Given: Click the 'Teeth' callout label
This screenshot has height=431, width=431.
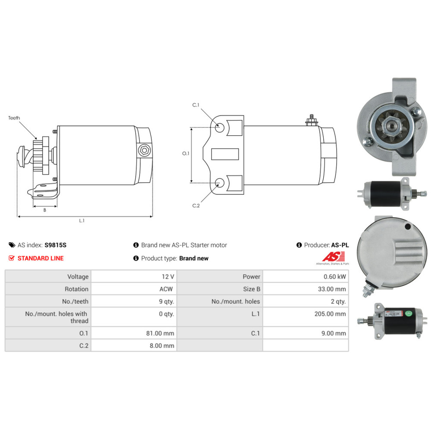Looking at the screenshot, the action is coord(14,118).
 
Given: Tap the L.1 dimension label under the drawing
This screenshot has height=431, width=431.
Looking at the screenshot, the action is coord(81,221).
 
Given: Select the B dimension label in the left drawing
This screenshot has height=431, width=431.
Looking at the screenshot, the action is coord(45,210).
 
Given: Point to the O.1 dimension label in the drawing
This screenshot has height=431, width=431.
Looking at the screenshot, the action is coord(186,153).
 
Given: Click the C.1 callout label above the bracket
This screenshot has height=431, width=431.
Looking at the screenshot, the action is coord(196,105).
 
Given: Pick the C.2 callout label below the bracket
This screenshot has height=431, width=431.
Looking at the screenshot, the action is coord(196,206).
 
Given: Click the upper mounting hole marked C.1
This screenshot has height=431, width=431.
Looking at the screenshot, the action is coord(219,128).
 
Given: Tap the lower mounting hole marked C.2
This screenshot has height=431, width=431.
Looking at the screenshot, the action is coord(219,182).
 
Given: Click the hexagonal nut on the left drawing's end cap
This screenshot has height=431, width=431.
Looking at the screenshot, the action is coord(144,150).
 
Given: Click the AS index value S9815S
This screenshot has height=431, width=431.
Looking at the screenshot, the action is coord(56,245).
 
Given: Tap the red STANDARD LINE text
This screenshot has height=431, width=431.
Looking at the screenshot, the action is coord(41,258).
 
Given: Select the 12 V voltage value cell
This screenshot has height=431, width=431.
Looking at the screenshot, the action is coord(134,277).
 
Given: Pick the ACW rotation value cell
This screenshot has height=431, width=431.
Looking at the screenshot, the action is coord(134,289).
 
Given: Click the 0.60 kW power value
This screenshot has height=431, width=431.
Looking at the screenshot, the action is coord(334,277).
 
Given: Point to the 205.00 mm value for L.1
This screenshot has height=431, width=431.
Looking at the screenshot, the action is coord(330,314).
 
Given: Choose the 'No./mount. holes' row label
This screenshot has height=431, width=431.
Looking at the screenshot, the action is coord(236,302).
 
